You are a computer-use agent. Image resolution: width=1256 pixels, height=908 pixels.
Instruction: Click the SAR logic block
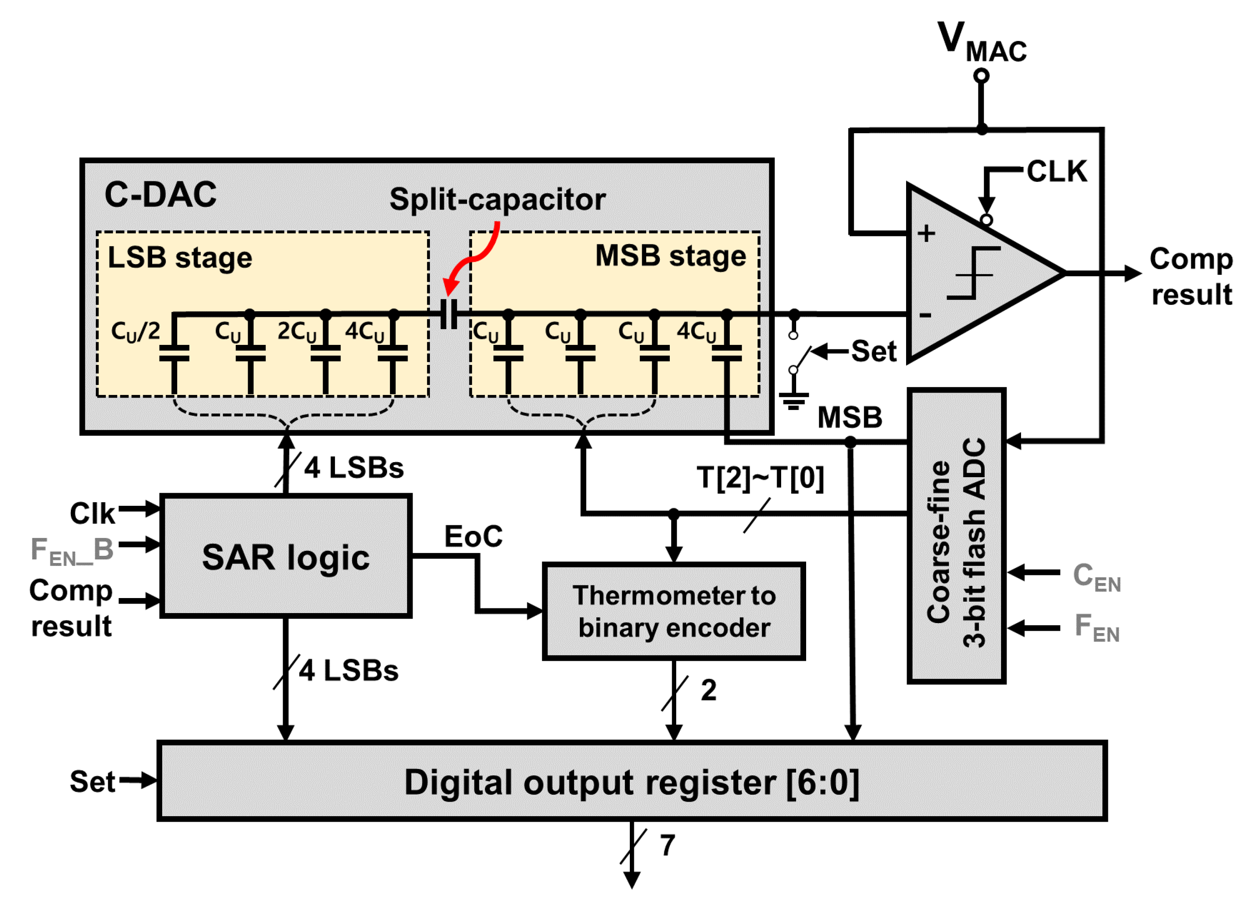pos(286,556)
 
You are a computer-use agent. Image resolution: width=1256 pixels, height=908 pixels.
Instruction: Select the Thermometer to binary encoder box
pos(673,611)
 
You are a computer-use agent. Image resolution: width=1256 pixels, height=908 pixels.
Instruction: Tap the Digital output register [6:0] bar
pos(631,781)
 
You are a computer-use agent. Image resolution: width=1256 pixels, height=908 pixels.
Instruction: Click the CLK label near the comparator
pos(1057,171)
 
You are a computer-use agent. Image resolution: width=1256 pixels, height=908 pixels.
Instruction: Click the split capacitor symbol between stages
pos(449,314)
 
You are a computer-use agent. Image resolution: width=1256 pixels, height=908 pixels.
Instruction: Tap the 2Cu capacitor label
pos(297,331)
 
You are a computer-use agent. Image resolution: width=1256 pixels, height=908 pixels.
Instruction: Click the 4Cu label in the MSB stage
pos(696,331)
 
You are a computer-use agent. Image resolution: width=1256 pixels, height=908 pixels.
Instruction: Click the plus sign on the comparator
pos(926,233)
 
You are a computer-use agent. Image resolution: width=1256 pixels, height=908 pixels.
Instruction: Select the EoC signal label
pos(473,536)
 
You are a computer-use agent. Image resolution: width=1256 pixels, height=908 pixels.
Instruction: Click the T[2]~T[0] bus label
pos(760,478)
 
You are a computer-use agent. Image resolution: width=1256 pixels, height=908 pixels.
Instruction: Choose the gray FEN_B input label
pos(72,551)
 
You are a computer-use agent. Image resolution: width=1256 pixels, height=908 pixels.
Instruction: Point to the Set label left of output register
pos(92,781)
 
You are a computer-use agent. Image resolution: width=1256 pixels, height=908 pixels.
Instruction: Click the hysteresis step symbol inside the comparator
pos(973,273)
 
